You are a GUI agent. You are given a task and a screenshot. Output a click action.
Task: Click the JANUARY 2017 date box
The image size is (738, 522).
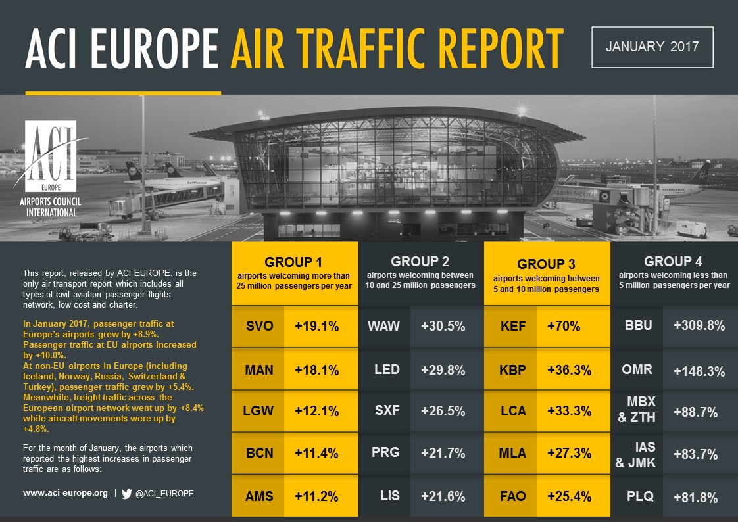(652, 47)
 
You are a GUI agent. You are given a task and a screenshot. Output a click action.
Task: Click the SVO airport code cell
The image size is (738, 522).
(258, 326)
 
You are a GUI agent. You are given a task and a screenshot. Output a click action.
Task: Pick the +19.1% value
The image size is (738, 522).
(317, 326)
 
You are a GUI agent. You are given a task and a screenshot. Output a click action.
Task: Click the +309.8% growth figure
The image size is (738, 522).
(699, 326)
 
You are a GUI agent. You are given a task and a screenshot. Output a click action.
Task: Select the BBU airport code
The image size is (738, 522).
(637, 326)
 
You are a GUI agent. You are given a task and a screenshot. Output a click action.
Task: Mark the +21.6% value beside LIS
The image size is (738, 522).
(443, 496)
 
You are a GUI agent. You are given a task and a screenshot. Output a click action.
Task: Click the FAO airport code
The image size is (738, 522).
(512, 496)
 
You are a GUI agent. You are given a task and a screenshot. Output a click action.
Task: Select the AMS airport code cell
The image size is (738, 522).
(258, 496)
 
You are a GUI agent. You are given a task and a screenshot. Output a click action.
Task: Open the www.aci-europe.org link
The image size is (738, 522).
(65, 492)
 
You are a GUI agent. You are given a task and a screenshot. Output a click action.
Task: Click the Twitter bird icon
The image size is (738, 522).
(127, 493)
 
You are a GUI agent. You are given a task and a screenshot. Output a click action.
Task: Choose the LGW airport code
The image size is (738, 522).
(258, 411)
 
